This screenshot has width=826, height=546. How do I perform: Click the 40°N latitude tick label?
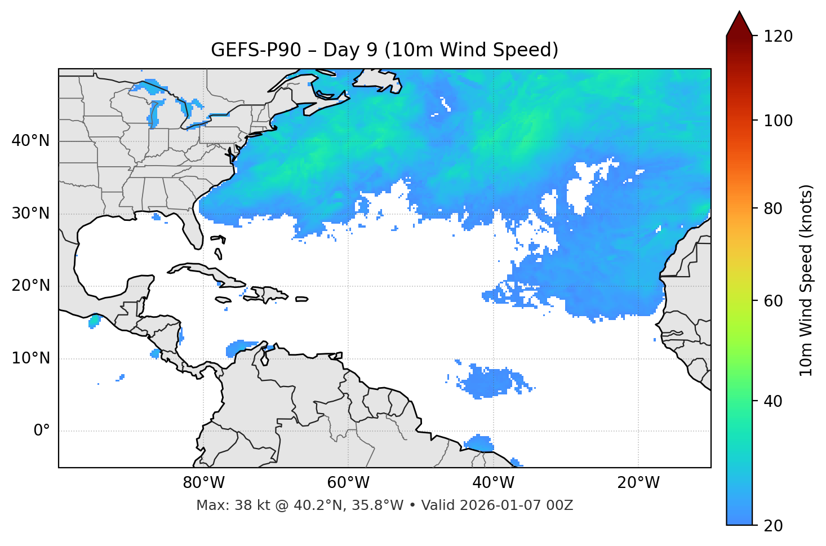click(30, 141)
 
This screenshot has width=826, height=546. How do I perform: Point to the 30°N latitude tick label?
click(30, 214)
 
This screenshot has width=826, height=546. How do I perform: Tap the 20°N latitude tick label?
click(30, 286)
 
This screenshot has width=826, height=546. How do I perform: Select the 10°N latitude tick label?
click(30, 358)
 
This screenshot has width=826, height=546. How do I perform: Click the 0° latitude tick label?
click(41, 431)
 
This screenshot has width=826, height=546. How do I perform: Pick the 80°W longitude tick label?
click(203, 483)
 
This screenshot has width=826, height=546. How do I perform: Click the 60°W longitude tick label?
click(348, 483)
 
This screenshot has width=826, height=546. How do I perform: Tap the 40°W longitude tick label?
click(494, 483)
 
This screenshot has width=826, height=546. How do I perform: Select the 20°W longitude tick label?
click(638, 483)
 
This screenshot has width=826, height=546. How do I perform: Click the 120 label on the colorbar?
click(778, 37)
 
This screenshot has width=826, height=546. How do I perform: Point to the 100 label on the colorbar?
click(778, 121)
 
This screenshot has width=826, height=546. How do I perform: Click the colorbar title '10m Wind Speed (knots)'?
click(806, 281)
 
